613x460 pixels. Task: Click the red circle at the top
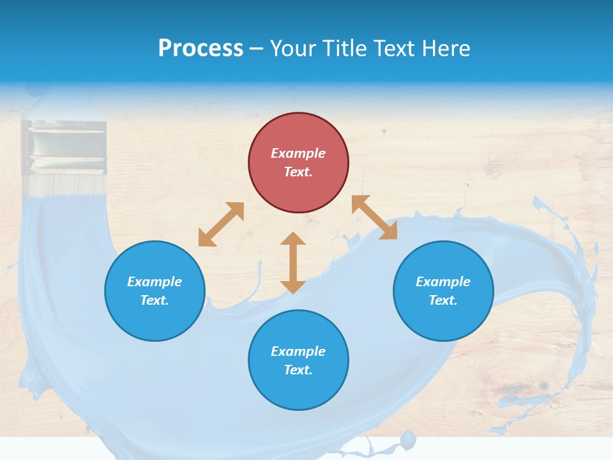point(298,163)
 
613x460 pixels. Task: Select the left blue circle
point(155,291)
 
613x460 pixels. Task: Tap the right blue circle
point(443,291)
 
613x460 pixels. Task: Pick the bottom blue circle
point(298,360)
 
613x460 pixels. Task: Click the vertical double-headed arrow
point(293,263)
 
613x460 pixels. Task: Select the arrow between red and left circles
point(221,224)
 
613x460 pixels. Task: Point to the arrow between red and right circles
point(374,217)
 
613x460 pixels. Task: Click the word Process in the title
point(201,48)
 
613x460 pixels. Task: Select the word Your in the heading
point(293,48)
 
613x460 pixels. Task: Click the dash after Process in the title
point(256,49)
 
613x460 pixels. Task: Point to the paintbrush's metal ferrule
point(63,147)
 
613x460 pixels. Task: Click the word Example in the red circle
point(298,153)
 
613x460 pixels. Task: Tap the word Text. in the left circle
point(155,300)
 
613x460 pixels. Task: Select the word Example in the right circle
point(443,282)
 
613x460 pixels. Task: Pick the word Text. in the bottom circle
point(298,370)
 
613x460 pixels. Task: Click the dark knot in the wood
point(543,386)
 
